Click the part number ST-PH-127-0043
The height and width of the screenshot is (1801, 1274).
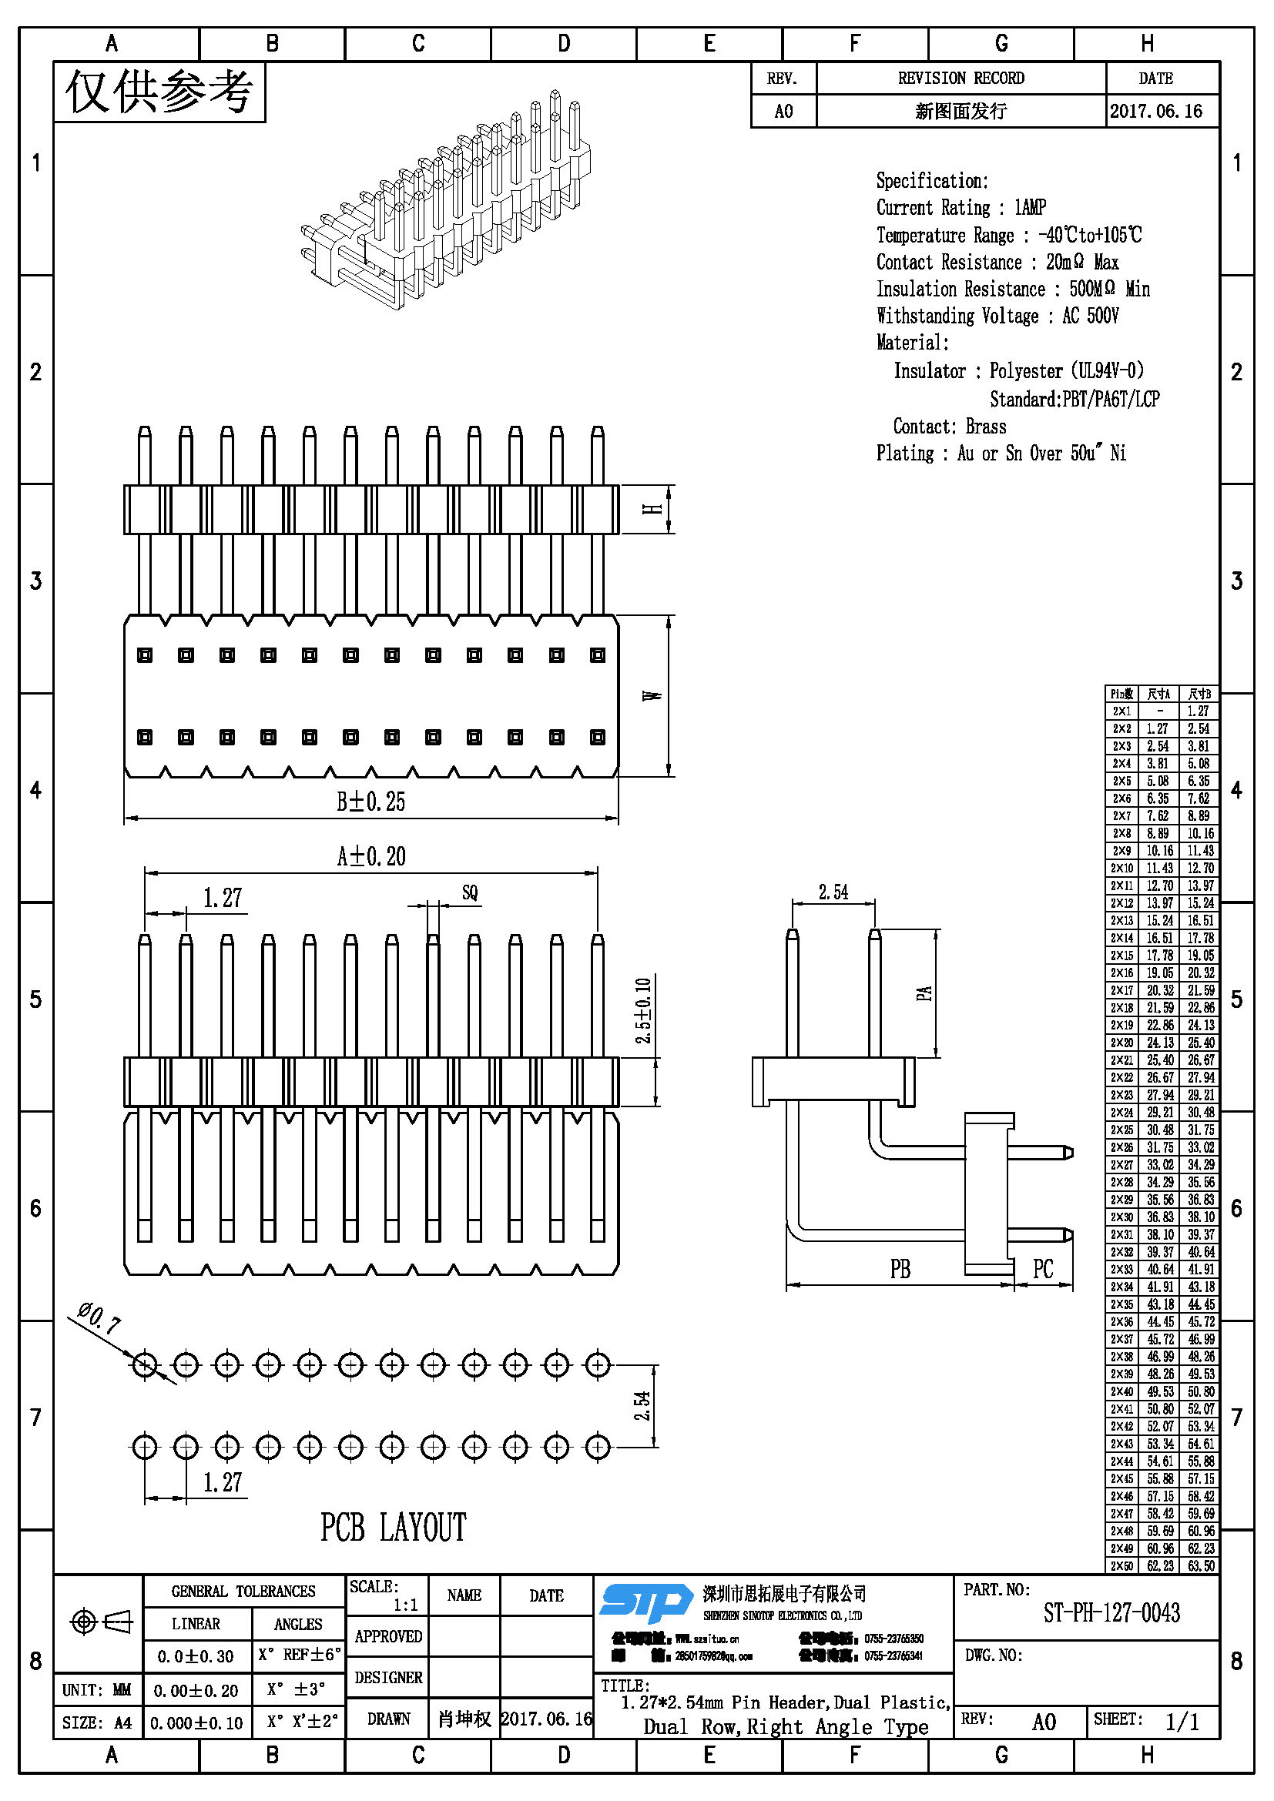click(x=1111, y=1613)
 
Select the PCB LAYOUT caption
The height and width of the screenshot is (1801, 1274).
click(x=393, y=1528)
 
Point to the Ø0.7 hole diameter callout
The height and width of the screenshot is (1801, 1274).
click(x=99, y=1320)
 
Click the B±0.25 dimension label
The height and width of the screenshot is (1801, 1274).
click(x=370, y=802)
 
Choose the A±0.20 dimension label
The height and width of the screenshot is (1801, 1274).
click(x=371, y=856)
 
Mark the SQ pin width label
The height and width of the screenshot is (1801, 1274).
click(x=469, y=892)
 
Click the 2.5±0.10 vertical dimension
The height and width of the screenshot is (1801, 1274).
click(x=643, y=1010)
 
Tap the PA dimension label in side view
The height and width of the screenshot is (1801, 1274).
click(x=925, y=993)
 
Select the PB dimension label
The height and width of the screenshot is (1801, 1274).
click(x=900, y=1268)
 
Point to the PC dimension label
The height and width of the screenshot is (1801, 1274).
click(x=1043, y=1268)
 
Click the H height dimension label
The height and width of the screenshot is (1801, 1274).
click(x=652, y=509)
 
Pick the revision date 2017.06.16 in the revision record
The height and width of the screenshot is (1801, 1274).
click(x=1155, y=112)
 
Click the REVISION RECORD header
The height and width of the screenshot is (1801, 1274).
click(x=961, y=79)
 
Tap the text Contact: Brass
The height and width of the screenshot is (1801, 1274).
click(x=949, y=427)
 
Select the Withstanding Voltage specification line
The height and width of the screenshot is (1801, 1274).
click(x=997, y=316)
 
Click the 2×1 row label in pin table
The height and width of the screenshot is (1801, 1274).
click(x=1121, y=711)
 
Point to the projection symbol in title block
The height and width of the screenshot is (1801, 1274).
click(x=101, y=1622)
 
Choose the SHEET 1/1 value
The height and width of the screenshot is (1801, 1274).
click(x=1182, y=1722)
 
